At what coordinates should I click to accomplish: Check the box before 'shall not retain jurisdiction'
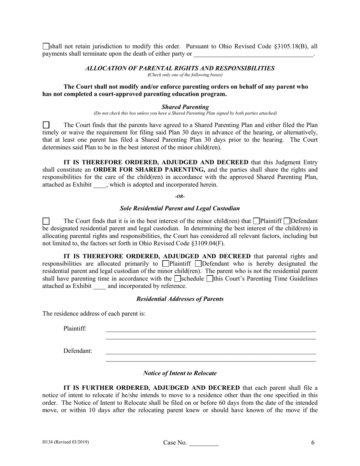(46, 47)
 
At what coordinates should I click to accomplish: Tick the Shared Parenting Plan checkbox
(46, 125)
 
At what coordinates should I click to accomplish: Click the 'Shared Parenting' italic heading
(185, 107)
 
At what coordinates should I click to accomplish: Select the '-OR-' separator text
(180, 196)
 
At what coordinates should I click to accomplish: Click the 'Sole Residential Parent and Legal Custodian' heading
(180, 208)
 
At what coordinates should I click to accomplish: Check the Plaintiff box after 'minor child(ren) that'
(256, 221)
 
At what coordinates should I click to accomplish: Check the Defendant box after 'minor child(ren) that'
(287, 221)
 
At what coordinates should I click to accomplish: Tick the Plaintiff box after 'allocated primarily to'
(166, 264)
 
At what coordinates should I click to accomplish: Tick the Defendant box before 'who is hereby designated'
(199, 264)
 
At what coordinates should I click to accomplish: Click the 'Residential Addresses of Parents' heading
(180, 299)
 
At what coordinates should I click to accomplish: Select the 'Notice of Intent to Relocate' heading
(180, 373)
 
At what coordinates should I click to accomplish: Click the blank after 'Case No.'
(203, 443)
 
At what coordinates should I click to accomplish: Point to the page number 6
(313, 443)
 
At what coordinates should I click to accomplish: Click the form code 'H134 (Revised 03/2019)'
(66, 442)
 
